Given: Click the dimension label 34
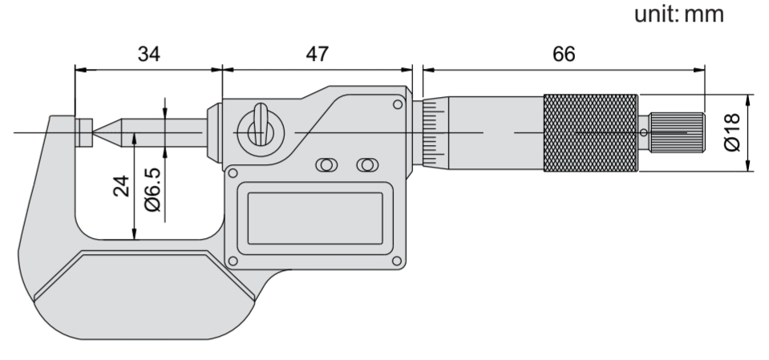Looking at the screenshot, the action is pyautogui.click(x=148, y=54).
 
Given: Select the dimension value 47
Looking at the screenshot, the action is pyautogui.click(x=318, y=54).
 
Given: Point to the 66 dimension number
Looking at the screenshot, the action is pyautogui.click(x=564, y=54).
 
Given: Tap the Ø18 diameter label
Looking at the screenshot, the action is pyautogui.click(x=732, y=132).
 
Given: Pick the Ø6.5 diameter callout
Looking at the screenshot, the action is pyautogui.click(x=153, y=189).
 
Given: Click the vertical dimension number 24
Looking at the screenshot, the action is pyautogui.click(x=122, y=186).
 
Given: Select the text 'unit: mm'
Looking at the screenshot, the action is pyautogui.click(x=678, y=14).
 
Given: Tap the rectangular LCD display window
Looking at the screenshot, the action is pyautogui.click(x=315, y=218).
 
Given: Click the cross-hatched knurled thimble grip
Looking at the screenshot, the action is pyautogui.click(x=590, y=133).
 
